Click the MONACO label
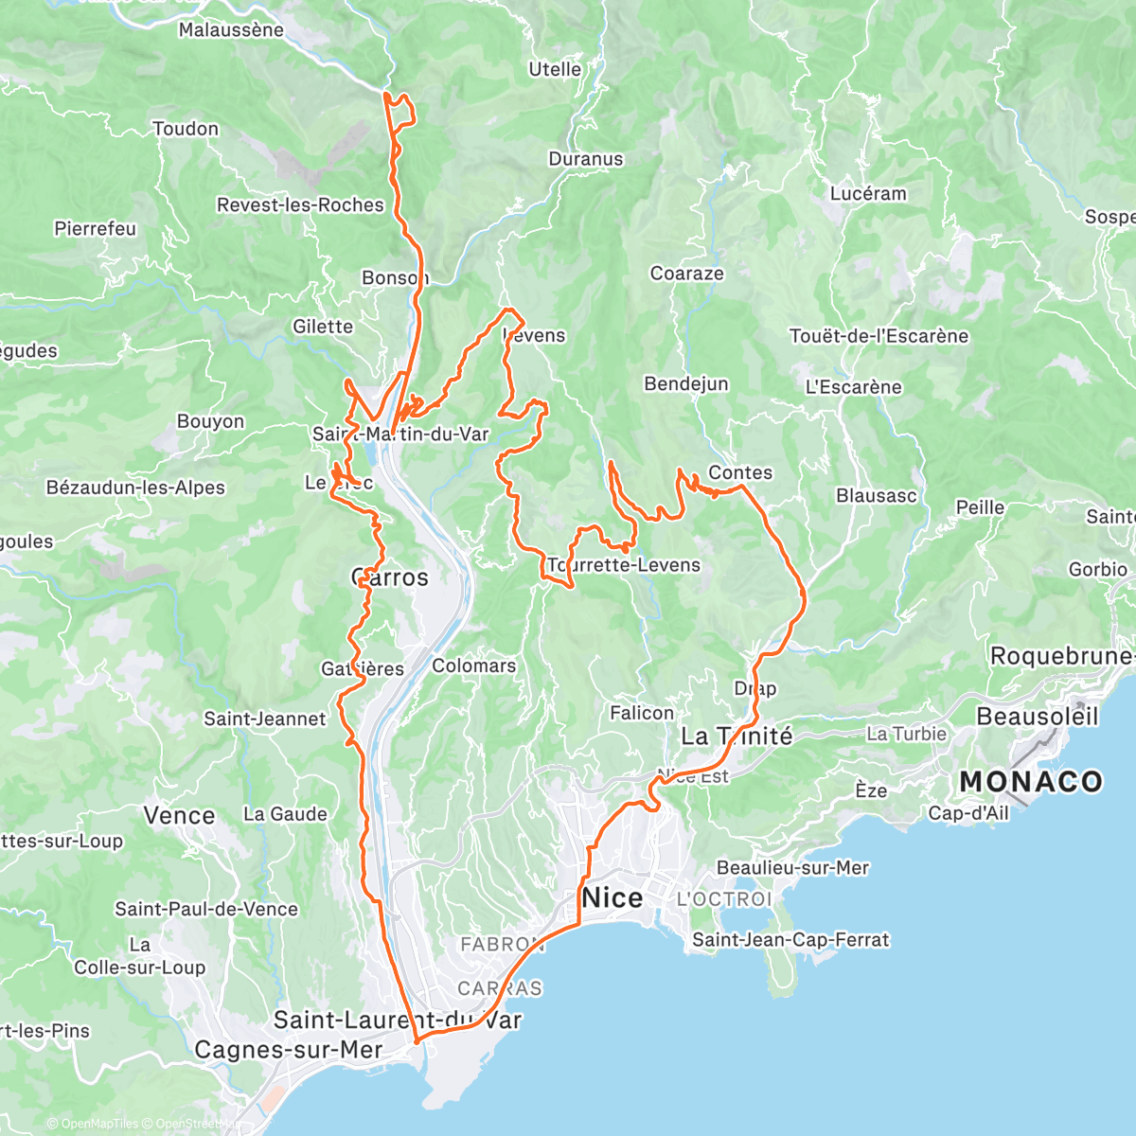click(x=1031, y=782)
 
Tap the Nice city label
click(x=612, y=897)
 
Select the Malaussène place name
click(x=231, y=30)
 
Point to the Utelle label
click(x=555, y=69)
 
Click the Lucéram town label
click(x=868, y=193)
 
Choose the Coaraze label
click(x=686, y=274)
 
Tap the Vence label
click(x=179, y=815)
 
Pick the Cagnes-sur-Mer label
click(x=288, y=1050)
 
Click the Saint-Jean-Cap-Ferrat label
click(x=790, y=940)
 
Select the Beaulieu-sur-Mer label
click(x=792, y=868)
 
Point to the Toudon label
click(x=186, y=129)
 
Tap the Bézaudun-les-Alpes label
click(x=135, y=488)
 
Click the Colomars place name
click(x=473, y=666)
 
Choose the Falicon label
click(x=642, y=713)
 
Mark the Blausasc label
click(x=876, y=495)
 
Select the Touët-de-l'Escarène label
click(x=879, y=336)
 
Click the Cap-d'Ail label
click(x=968, y=813)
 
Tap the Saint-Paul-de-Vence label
click(x=206, y=909)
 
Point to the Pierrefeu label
click(x=95, y=229)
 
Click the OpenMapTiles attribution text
click(x=99, y=1124)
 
